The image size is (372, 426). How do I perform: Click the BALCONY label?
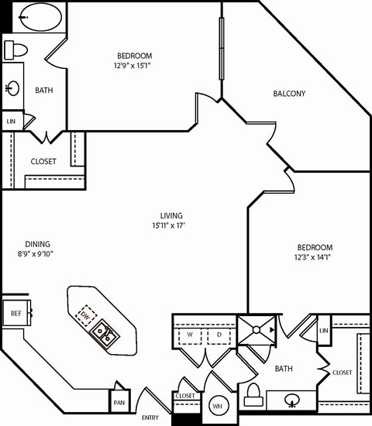point(289,94)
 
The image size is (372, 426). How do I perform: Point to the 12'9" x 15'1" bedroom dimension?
point(134,66)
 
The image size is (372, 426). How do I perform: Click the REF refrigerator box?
point(15,314)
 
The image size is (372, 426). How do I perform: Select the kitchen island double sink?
point(104,335)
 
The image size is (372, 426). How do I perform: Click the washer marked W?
point(189,335)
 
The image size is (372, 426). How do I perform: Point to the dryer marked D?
point(219,335)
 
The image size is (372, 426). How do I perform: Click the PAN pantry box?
point(119,402)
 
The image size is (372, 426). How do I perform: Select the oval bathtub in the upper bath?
point(33,17)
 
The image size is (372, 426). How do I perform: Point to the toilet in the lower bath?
point(253,396)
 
